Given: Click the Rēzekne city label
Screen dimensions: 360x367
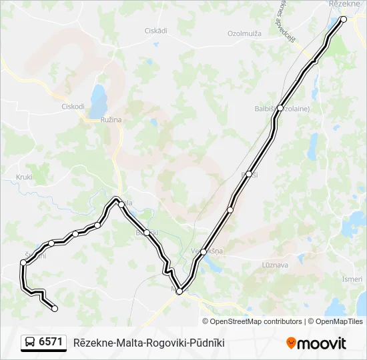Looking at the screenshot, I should pyautogui.click(x=345, y=4).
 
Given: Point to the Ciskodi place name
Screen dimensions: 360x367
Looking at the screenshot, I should pyautogui.click(x=73, y=106).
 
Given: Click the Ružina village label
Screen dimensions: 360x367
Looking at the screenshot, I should pyautogui.click(x=111, y=119).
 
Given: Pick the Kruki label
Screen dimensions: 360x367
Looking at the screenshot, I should pyautogui.click(x=24, y=177).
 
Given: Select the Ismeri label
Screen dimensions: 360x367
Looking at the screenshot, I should pyautogui.click(x=352, y=279).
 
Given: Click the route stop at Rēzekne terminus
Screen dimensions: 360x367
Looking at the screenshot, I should pyautogui.click(x=344, y=19).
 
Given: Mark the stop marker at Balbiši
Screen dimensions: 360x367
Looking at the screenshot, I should pyautogui.click(x=280, y=108).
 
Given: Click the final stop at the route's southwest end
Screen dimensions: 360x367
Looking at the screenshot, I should pyautogui.click(x=55, y=308).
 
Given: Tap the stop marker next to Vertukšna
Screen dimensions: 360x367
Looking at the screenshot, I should pyautogui.click(x=204, y=252).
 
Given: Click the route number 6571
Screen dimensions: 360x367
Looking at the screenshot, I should pyautogui.click(x=51, y=342).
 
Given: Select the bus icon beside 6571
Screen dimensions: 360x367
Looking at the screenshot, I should pyautogui.click(x=30, y=343).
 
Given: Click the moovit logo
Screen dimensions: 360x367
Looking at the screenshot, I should pyautogui.click(x=316, y=343).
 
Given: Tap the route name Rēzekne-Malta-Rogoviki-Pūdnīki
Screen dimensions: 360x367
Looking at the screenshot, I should pyautogui.click(x=149, y=343).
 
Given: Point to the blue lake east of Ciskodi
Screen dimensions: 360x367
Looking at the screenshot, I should pyautogui.click(x=99, y=100).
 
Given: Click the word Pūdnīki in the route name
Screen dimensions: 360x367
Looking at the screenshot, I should pyautogui.click(x=206, y=343).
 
